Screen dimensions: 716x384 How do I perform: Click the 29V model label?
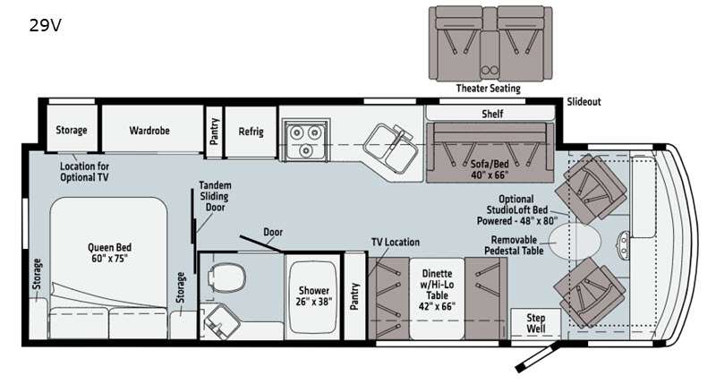pos(46,26)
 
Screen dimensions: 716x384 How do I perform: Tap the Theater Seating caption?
pos(488,88)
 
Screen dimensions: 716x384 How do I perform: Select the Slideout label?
pos(584,102)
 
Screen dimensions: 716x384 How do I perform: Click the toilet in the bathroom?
pos(226,277)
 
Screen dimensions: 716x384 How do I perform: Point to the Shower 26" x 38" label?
pos(314,296)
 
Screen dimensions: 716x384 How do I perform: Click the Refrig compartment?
pos(251,132)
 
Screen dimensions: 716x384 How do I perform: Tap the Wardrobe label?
pos(149,131)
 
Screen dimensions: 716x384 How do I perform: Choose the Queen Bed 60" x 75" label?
pos(109,253)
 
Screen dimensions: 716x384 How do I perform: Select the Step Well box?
pos(535,324)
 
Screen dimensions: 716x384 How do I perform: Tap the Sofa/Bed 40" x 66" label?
pos(490,170)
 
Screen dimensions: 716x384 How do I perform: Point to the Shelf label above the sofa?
pos(492,114)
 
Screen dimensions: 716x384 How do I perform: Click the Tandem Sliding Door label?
pos(215,196)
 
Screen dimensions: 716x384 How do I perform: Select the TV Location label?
pos(396,242)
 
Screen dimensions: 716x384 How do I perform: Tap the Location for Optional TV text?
pos(84,172)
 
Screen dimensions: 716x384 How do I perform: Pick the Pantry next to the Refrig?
pos(214,132)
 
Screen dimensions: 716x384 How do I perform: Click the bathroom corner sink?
pos(220,321)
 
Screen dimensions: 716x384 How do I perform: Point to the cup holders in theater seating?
pos(490,71)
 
